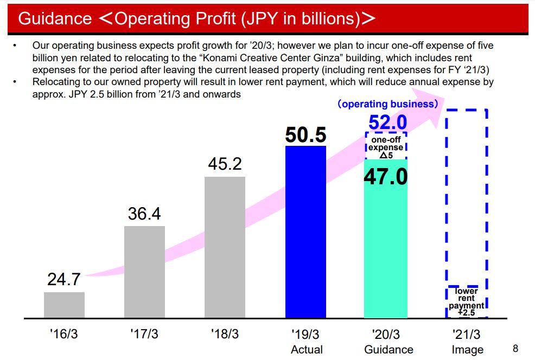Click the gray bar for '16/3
point(64,305)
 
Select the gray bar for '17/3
point(144,271)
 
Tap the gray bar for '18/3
point(225,247)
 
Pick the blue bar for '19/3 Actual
point(305,232)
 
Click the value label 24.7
point(64,280)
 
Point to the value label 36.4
point(144,214)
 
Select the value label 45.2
point(225,164)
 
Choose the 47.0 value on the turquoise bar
point(385,177)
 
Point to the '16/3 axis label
point(64,334)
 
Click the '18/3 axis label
point(225,334)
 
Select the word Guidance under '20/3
point(388,350)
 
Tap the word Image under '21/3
point(467,350)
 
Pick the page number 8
point(515,348)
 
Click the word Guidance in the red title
point(55,18)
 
